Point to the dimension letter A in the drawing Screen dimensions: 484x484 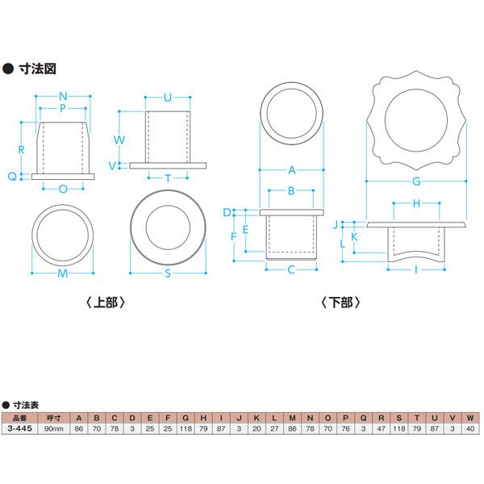click(x=290, y=171)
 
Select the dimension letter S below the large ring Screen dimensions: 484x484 click(x=168, y=273)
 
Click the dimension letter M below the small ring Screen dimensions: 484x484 click(x=62, y=273)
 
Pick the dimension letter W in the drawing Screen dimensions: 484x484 click(x=119, y=139)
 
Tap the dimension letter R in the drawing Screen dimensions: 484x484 click(x=22, y=150)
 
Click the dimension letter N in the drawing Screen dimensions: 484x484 click(x=62, y=96)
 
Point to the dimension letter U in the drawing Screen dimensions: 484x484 click(x=168, y=98)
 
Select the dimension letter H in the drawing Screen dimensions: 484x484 click(x=416, y=204)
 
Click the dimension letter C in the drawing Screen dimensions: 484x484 click(x=290, y=270)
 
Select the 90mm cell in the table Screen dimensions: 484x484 click(x=54, y=428)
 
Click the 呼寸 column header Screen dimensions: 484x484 click(x=54, y=418)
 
